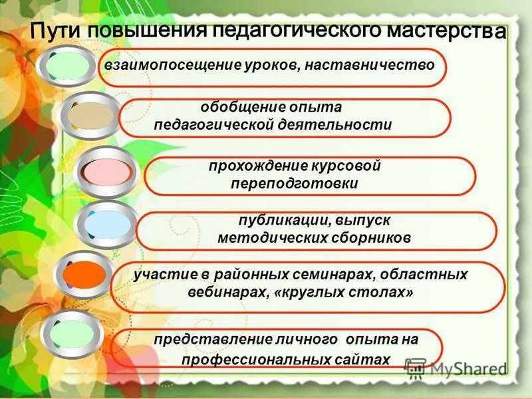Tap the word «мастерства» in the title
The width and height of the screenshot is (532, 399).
coord(445,31)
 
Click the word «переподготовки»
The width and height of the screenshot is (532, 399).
coord(294,184)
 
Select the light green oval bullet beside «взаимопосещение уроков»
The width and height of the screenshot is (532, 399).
coord(68,65)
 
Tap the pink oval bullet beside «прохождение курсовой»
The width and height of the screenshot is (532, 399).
coord(106,171)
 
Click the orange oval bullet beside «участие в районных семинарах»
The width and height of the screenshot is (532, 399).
coord(84,274)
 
